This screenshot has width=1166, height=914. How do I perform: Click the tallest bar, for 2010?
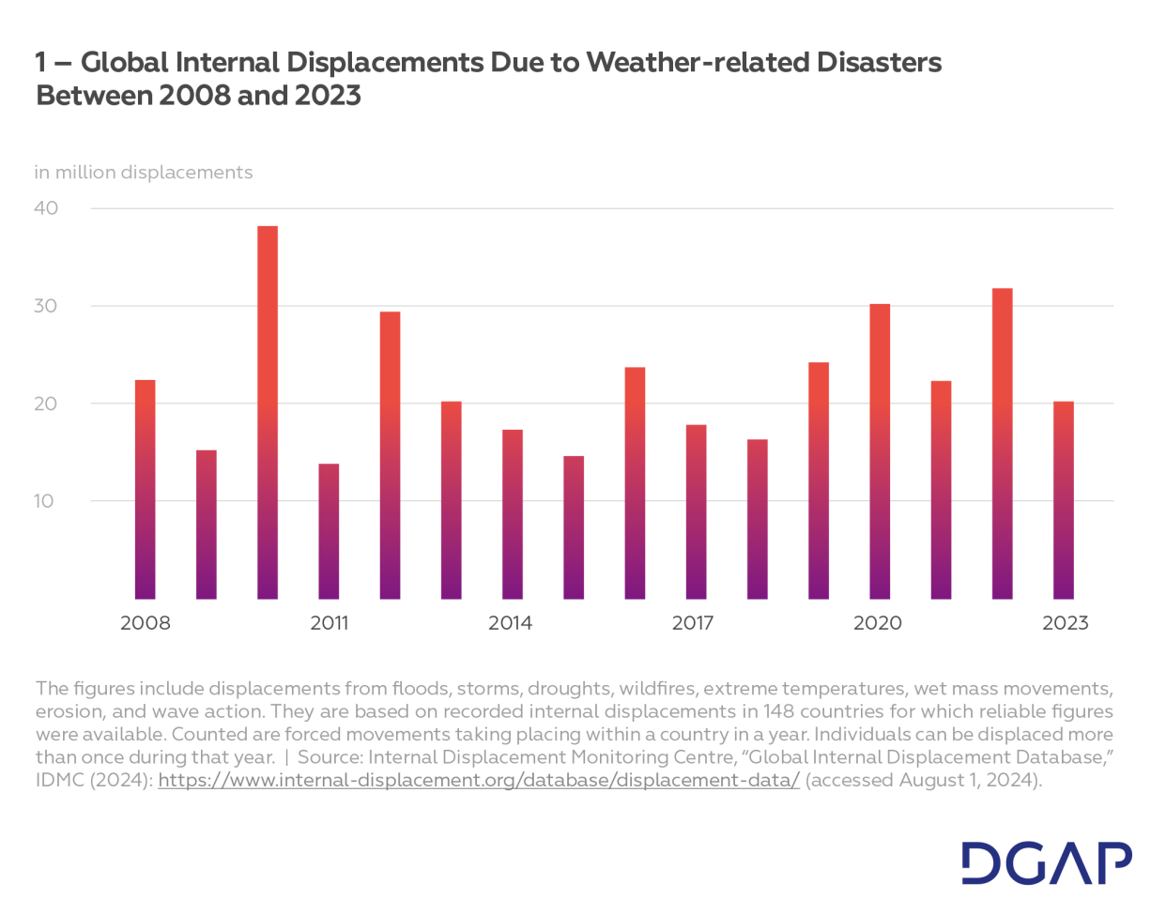(x=268, y=413)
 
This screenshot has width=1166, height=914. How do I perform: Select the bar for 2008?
(x=146, y=489)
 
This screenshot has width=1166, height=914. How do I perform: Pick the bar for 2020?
(x=880, y=451)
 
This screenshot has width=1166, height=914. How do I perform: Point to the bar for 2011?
(x=329, y=531)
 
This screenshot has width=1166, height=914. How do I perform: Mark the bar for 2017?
(x=696, y=511)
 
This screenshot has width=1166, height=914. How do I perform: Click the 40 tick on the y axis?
(x=46, y=208)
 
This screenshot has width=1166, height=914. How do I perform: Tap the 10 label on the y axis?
(x=44, y=501)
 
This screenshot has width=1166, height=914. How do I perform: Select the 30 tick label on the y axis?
(x=46, y=306)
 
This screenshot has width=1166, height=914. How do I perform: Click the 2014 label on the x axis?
(x=510, y=623)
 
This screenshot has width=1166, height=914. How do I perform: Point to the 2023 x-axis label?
(x=1065, y=623)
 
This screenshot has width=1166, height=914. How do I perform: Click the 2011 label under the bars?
(x=329, y=623)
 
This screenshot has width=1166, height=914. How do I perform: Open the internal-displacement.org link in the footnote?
(x=479, y=781)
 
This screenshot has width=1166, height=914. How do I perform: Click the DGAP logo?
(x=1046, y=863)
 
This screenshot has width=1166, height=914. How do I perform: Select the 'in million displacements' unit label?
(x=144, y=173)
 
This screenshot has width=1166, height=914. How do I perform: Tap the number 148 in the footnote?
(x=778, y=711)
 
